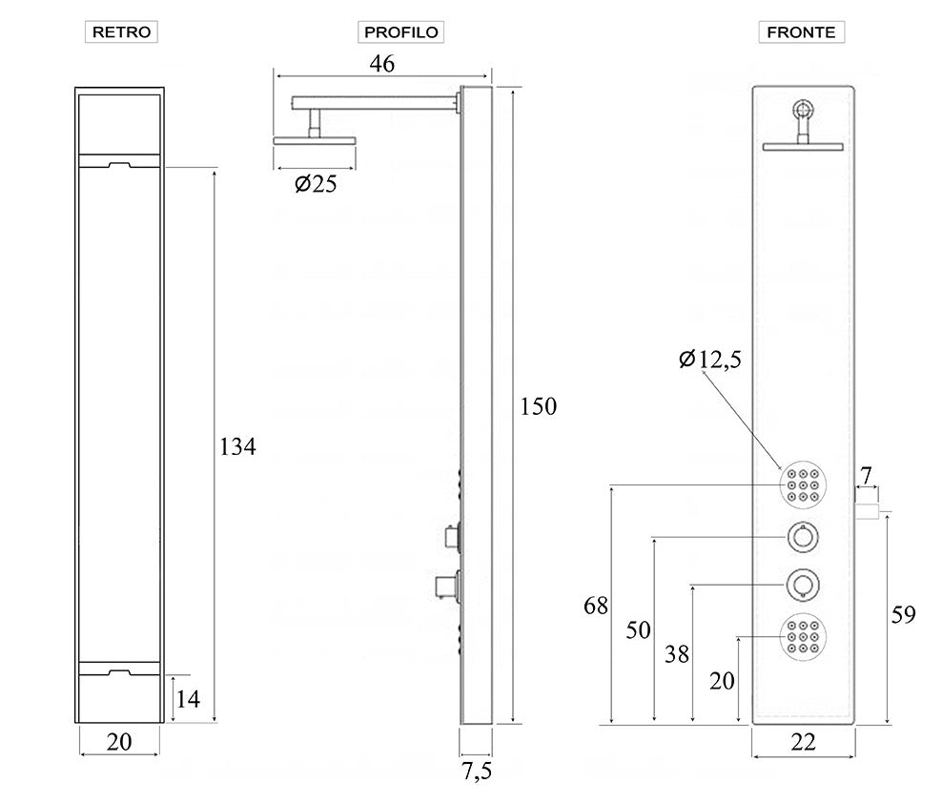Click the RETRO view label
(x=121, y=31)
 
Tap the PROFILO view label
(x=400, y=31)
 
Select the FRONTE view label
(x=802, y=31)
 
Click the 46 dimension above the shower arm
(x=382, y=63)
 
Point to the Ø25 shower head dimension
(x=316, y=184)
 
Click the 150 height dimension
(x=539, y=407)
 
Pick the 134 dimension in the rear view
(x=237, y=447)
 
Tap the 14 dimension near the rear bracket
(x=188, y=699)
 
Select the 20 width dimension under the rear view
(x=119, y=742)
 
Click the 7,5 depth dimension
(x=478, y=772)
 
